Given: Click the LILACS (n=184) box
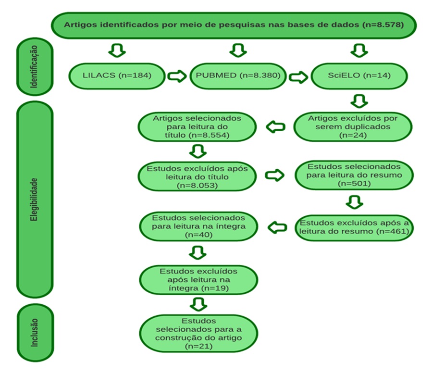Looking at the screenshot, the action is click(117, 76).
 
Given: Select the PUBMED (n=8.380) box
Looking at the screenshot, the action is click(238, 76).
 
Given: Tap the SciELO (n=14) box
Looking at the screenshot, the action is click(359, 76).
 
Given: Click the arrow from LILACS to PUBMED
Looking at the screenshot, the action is click(177, 76).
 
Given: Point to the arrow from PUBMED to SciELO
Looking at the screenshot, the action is click(298, 77).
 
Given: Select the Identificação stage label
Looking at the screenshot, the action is click(35, 66).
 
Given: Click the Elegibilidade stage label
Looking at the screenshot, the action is click(35, 199).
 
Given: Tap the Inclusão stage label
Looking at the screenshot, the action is click(36, 333).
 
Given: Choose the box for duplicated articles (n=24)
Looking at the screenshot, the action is click(353, 127).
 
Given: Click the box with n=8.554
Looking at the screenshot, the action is click(197, 127).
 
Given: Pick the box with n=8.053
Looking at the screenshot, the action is click(197, 176).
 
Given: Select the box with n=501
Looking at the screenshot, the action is click(354, 175).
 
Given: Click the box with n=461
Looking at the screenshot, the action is click(354, 227).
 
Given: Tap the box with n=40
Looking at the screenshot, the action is click(198, 226).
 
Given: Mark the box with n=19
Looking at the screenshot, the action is click(198, 280).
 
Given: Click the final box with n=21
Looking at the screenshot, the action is click(198, 334).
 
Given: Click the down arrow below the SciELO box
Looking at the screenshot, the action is click(359, 101).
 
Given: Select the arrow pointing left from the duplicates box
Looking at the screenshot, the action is click(275, 127).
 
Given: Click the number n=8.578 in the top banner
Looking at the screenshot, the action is click(384, 25).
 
